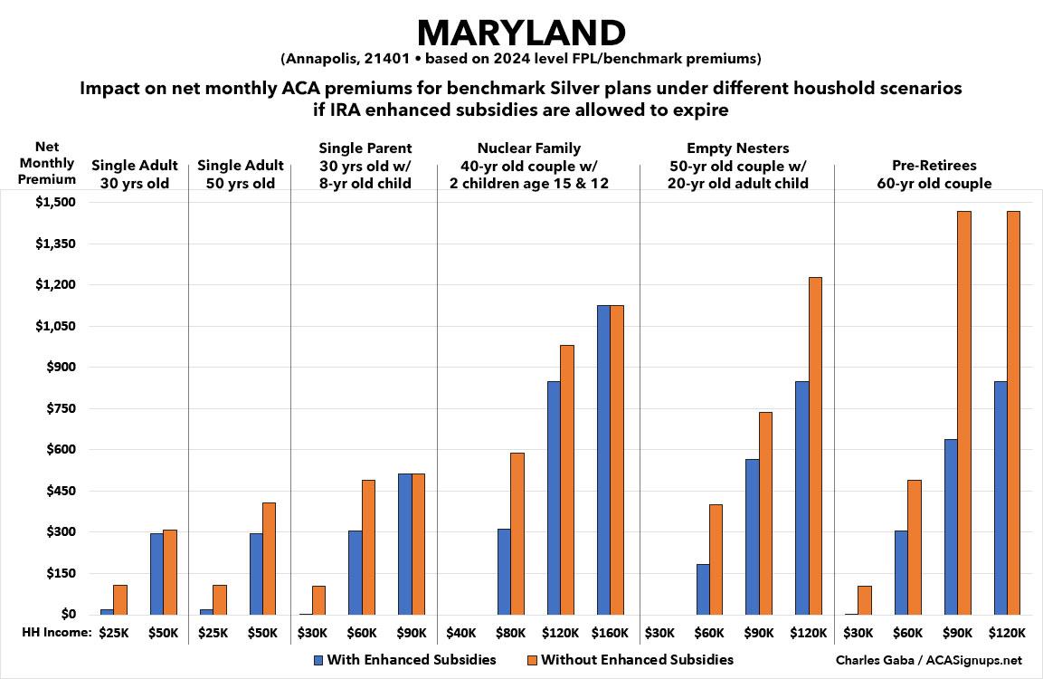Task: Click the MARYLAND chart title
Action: [521, 33]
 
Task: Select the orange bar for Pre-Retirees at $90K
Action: [963, 413]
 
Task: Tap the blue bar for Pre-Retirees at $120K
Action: [1000, 498]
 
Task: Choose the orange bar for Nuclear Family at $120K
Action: [567, 480]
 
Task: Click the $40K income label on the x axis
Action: [461, 633]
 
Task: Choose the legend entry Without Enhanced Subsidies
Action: [631, 659]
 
